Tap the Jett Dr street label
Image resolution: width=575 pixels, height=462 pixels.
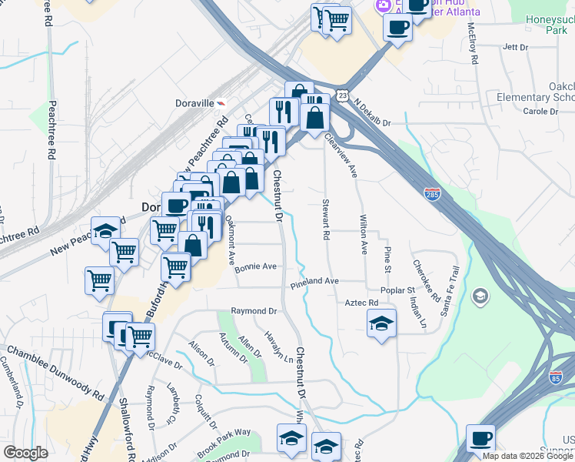click(x=514, y=47)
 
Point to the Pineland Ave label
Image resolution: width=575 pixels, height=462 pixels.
click(x=314, y=283)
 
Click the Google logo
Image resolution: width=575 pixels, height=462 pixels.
click(x=26, y=452)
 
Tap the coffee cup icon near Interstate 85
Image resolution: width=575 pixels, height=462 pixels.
click(x=481, y=438)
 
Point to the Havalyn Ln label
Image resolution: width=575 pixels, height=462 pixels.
click(x=278, y=346)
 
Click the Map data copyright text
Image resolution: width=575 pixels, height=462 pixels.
click(x=528, y=457)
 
